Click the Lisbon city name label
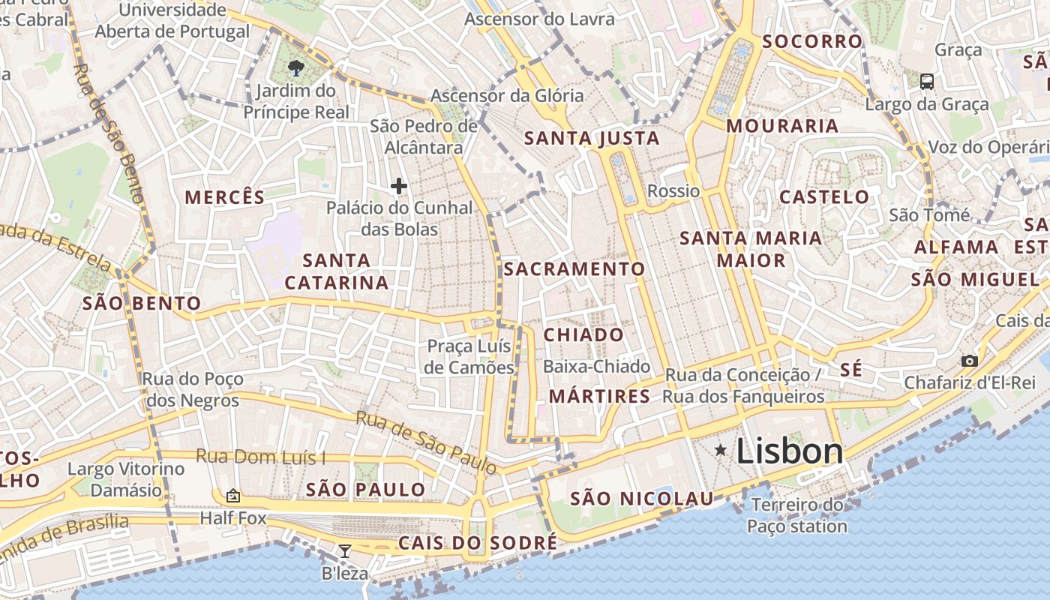790,451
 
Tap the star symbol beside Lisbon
721,450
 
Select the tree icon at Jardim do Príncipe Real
296,68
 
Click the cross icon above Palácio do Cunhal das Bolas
399,185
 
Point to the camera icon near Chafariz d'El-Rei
970,361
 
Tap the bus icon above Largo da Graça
927,81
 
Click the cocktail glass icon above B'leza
344,551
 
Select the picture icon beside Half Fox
233,496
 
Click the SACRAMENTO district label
574,268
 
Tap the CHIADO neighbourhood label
583,334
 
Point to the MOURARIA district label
782,126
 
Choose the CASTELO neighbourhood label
824,197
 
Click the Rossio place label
673,190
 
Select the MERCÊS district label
225,197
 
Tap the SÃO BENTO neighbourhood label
142,303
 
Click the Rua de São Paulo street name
426,442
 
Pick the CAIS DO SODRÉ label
478,542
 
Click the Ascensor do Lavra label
539,19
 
